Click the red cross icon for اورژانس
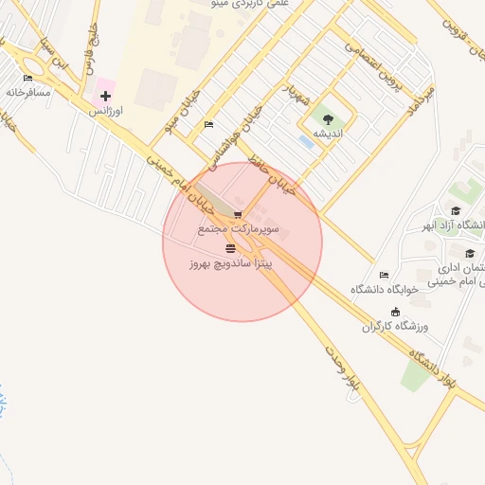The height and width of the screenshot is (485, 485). pos(105,97)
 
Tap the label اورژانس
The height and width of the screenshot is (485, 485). pos(107,111)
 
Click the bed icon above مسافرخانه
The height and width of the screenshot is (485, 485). pos(27,78)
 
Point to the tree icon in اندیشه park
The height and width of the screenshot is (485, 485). pos(328,119)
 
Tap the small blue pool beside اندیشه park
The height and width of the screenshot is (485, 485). pos(306,141)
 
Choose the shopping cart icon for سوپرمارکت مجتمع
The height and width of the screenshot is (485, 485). pos(237,214)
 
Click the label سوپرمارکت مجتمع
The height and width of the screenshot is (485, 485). pos(239,229)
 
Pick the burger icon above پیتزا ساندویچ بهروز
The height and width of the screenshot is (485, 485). pos(230,247)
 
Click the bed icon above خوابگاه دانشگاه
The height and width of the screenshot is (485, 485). pos(384,275)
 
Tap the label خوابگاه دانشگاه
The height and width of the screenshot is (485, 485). pos(385,289)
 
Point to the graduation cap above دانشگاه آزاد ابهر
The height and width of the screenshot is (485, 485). pos(456,211)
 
